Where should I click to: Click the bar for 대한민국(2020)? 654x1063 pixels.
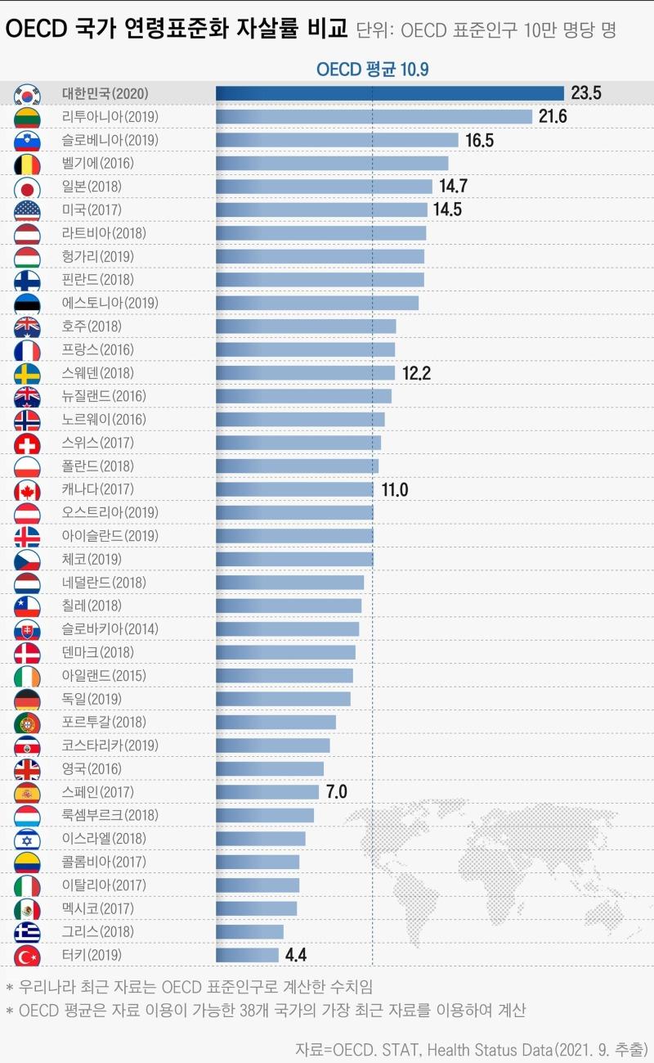[390, 93]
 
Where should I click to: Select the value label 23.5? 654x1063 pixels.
[586, 93]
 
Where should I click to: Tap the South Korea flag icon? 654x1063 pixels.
[27, 94]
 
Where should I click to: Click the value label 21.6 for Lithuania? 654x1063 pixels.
[553, 117]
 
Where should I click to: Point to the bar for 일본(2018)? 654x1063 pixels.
[324, 187]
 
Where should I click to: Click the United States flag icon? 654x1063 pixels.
[27, 210]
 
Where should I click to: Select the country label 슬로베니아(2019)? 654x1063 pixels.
[110, 140]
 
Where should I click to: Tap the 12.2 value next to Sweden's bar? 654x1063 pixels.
[416, 373]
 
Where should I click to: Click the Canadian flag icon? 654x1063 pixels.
[27, 490]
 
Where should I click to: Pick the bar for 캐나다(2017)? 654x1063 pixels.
[294, 489]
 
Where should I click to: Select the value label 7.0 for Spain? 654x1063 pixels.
[337, 792]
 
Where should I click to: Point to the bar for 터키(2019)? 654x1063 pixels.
[247, 955]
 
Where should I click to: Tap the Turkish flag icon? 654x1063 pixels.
[27, 955]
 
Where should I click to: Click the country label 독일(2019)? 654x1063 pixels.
[92, 699]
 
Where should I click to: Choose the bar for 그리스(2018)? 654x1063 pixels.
[249, 931]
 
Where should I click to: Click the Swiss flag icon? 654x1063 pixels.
[27, 444]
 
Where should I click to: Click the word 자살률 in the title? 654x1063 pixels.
[266, 30]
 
